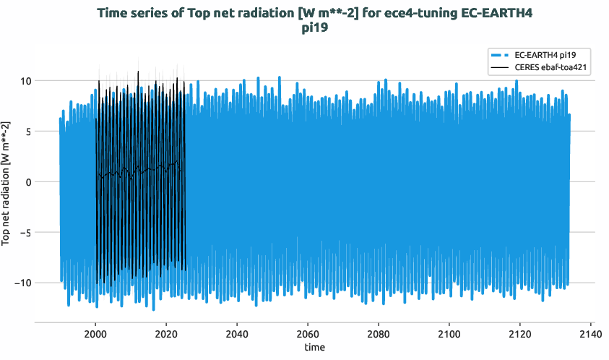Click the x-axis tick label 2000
95,334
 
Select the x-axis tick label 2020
166,334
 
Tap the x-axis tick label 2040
237,334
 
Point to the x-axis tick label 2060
308,334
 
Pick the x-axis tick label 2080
379,334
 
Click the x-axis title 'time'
314,348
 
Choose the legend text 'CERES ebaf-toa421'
550,67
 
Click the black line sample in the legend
500,67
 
